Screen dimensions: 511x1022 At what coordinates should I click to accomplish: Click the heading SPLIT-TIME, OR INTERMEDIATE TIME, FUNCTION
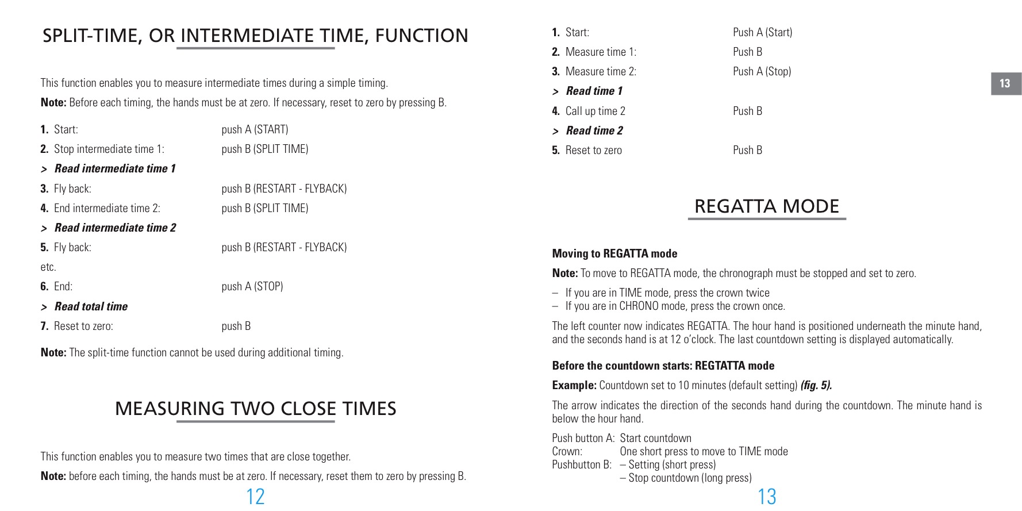255,36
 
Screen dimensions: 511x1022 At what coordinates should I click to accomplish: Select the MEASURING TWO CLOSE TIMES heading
255,409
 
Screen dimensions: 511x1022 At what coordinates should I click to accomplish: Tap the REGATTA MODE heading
766,206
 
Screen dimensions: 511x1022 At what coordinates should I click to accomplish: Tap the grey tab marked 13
1005,83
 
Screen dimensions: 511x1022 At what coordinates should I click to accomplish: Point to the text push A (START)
255,129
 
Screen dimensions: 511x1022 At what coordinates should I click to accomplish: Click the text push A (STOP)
252,286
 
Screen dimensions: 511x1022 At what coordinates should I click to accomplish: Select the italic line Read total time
91,306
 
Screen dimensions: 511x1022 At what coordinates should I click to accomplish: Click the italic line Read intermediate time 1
115,168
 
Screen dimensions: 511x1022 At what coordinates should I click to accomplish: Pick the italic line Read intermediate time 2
115,228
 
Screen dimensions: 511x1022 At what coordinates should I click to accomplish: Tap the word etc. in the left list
48,267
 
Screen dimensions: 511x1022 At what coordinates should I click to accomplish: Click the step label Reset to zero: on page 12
83,326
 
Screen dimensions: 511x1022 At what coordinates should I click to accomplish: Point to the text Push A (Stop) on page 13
762,71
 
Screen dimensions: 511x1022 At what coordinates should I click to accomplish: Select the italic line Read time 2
594,130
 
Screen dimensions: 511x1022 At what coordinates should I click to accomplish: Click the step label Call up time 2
595,111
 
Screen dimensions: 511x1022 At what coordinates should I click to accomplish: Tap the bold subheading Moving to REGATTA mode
614,253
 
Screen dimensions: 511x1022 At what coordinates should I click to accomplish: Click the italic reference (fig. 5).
816,385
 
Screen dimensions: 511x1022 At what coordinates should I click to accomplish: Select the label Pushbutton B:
582,464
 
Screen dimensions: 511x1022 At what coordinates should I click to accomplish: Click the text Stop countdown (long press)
690,478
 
